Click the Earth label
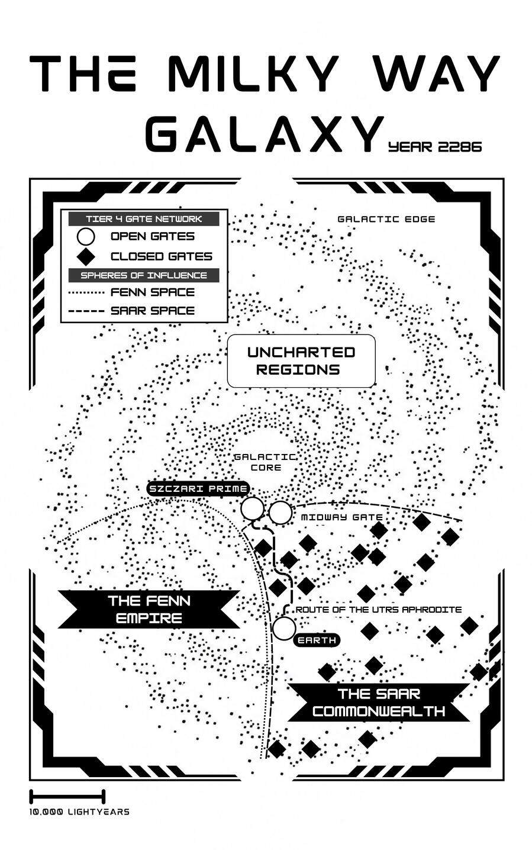(x=317, y=640)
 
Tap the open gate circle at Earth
(x=284, y=629)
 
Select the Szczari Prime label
(x=198, y=489)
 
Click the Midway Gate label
(x=341, y=517)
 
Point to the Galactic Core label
(x=266, y=462)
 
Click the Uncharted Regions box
(x=301, y=361)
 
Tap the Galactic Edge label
(x=386, y=219)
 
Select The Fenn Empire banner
(x=149, y=609)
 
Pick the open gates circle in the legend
(x=86, y=236)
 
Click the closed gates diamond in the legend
(x=86, y=256)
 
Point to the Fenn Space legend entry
(x=131, y=292)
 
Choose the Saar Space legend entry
(x=131, y=311)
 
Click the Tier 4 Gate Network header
(x=144, y=219)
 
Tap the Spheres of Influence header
(x=144, y=275)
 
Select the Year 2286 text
(x=435, y=147)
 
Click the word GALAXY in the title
(x=265, y=134)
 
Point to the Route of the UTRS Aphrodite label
(x=379, y=610)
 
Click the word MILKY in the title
(x=253, y=73)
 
